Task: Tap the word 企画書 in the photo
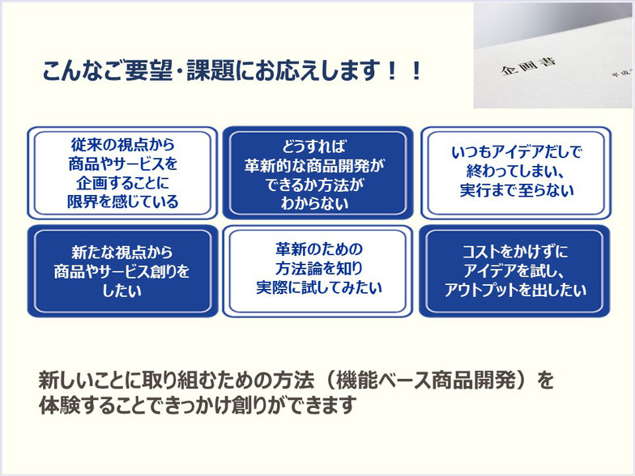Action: point(528,66)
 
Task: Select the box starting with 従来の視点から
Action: point(123,173)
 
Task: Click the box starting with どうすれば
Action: point(317,173)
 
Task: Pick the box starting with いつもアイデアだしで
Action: point(516,173)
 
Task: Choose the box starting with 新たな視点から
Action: point(123,271)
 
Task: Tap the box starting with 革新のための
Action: point(317,271)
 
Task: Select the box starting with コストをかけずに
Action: point(515,271)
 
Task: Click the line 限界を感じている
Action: point(123,202)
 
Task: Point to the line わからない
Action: point(314,203)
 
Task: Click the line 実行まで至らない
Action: point(517,190)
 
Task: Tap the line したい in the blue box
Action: point(121,291)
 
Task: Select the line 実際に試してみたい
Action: point(319,287)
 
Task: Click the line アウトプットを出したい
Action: point(515,290)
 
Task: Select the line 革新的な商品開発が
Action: point(314,165)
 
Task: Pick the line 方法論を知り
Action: point(319,268)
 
